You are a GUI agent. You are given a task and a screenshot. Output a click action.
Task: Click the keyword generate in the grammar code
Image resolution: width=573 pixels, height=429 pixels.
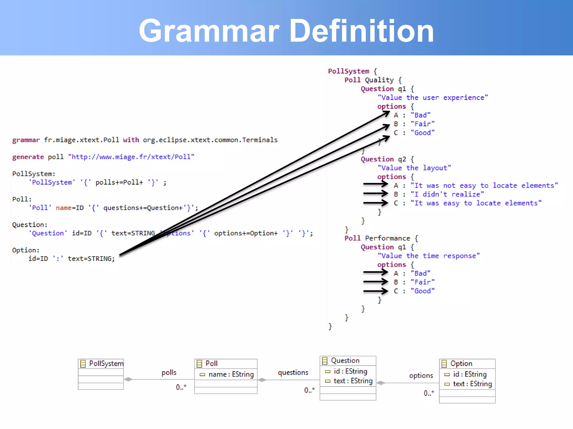(28, 157)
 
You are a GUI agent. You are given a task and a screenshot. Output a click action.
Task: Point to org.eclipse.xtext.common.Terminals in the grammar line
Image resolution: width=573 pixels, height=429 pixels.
(210, 140)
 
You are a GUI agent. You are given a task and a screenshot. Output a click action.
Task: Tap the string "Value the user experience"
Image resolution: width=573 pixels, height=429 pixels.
(433, 98)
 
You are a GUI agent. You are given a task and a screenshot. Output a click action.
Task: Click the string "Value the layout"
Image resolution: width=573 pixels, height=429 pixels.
(414, 168)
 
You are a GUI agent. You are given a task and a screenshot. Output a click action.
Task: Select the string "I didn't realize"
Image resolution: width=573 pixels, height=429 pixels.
(447, 194)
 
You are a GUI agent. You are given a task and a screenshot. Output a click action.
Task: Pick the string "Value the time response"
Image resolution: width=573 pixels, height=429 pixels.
(429, 256)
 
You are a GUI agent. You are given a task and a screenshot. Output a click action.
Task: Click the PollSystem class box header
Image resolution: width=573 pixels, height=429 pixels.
(101, 364)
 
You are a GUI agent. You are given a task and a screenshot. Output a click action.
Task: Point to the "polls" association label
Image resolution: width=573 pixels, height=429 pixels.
(169, 373)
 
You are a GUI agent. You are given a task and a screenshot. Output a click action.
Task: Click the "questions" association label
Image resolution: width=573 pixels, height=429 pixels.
(293, 373)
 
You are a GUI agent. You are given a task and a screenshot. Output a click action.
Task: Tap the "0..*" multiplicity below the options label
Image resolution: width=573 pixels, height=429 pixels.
(429, 393)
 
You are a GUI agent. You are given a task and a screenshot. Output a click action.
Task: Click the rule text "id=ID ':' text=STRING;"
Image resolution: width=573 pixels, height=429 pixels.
(72, 259)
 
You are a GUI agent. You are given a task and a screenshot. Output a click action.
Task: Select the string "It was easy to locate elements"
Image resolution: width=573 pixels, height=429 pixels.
(476, 203)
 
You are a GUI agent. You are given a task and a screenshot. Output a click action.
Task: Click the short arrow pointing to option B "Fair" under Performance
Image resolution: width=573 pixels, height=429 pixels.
(375, 282)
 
